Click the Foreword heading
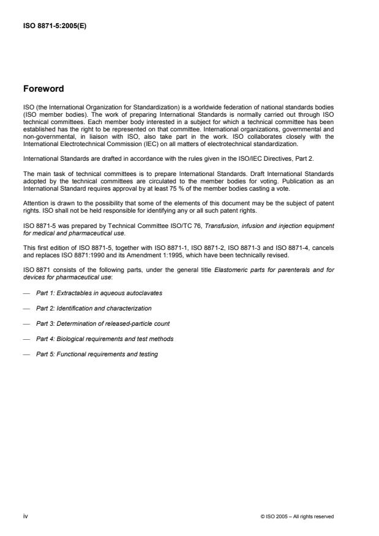[x=43, y=89]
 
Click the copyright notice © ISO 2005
[x=297, y=516]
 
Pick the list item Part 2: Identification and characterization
[x=94, y=308]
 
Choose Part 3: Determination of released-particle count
[x=102, y=323]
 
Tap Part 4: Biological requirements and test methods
[x=105, y=339]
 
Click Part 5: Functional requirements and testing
[x=97, y=354]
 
